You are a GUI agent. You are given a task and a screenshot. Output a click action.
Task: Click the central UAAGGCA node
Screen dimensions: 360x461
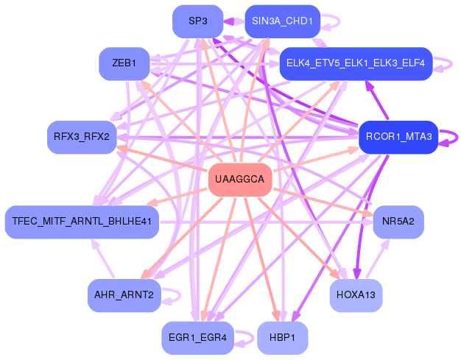[241, 180]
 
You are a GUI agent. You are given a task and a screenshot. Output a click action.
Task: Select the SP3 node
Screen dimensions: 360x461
[197, 21]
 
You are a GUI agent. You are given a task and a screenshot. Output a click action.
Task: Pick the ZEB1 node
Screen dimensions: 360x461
[124, 63]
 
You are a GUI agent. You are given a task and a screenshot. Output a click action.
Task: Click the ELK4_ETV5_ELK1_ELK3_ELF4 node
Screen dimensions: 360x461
[355, 63]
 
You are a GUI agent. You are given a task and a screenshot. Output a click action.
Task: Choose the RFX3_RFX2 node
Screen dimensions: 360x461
[82, 136]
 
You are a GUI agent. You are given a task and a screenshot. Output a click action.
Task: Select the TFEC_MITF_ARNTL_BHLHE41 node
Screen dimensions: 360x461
[82, 221]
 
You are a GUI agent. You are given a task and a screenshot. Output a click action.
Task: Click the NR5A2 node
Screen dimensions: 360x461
[398, 221]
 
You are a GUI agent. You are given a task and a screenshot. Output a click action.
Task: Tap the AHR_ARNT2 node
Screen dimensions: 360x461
[124, 295]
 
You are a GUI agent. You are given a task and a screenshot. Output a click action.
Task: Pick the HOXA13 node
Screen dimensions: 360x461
[355, 295]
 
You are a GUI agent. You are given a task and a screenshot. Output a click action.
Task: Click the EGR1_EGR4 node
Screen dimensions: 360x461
[197, 337]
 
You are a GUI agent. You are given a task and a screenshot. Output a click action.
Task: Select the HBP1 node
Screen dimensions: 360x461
[281, 337]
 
